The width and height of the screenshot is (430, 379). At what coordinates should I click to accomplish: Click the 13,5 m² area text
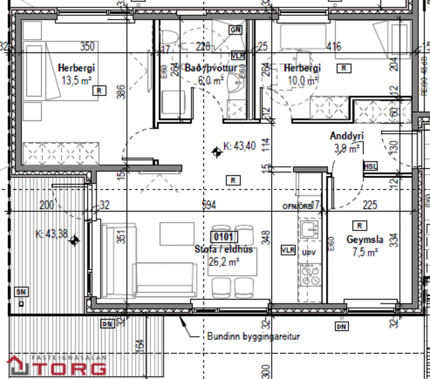(76, 79)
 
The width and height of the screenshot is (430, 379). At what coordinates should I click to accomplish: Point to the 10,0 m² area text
(302, 81)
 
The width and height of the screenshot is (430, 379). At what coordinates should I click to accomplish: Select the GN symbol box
(235, 29)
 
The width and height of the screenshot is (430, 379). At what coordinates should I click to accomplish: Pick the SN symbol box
(21, 292)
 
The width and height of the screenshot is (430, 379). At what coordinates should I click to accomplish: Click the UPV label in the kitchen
(308, 251)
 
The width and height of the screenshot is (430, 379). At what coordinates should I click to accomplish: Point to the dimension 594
(210, 205)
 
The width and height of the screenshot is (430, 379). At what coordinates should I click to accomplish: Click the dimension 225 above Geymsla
(370, 205)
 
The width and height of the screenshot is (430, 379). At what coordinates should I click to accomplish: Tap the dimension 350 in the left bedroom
(87, 46)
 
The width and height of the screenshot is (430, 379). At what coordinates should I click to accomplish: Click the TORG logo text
(73, 369)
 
